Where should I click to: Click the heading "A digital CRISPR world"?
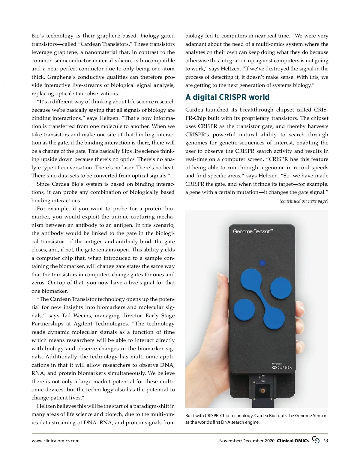(x=227, y=97)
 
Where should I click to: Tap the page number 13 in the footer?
(x=325, y=440)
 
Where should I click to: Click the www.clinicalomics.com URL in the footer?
(x=55, y=441)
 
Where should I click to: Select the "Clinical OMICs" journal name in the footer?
(x=292, y=441)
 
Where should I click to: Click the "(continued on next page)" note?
(x=304, y=201)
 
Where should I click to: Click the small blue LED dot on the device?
(x=262, y=263)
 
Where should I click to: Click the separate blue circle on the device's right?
(x=281, y=288)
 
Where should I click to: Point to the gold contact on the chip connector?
(x=263, y=391)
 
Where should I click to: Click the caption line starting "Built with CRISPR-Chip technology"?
(x=256, y=416)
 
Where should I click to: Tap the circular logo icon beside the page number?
(x=316, y=440)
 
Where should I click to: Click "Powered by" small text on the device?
(x=277, y=364)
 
